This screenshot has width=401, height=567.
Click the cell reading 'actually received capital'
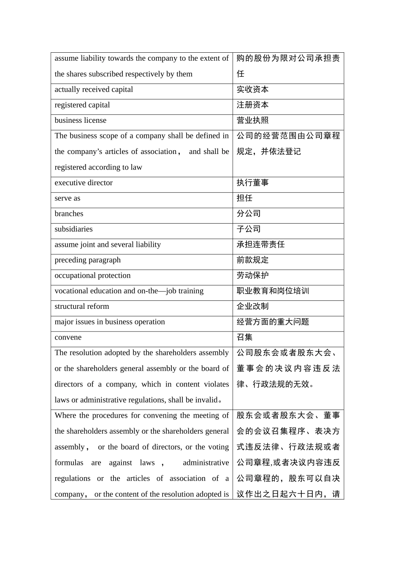tap(94, 89)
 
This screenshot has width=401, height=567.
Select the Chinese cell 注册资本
tap(252, 105)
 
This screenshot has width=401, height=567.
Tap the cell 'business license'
tap(81, 120)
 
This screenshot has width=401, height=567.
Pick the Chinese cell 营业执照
tap(252, 121)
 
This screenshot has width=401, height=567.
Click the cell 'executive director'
tap(84, 183)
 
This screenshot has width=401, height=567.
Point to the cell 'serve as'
tap(68, 198)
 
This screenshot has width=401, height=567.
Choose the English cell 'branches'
tap(69, 213)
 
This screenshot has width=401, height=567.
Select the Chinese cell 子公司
tap(249, 229)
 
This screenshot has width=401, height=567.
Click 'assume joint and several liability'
tap(108, 245)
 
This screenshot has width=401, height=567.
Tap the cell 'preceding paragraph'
tap(87, 260)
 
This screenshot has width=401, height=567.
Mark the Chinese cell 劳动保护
tap(252, 275)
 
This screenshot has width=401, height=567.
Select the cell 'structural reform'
tap(82, 306)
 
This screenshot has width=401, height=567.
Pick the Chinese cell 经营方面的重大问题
tap(273, 322)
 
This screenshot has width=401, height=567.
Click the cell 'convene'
tap(68, 337)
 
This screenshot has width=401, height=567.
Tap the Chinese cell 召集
tap(244, 337)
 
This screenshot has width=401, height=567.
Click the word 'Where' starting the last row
tap(65, 416)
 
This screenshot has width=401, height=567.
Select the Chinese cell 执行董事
tap(252, 183)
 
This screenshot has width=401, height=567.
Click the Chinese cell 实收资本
tap(252, 89)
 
